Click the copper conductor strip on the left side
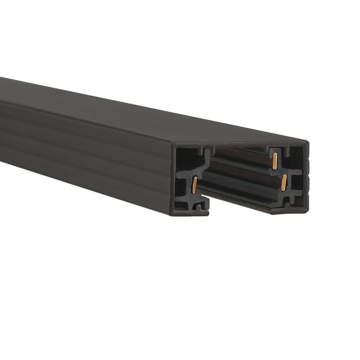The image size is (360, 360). (x=194, y=184)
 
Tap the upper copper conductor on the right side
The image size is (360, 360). (x=274, y=161)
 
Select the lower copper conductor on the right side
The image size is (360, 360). (x=283, y=182)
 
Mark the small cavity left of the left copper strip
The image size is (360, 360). (x=181, y=185)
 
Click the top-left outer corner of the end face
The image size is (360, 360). (x=173, y=145)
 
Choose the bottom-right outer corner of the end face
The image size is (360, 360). (x=307, y=211)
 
